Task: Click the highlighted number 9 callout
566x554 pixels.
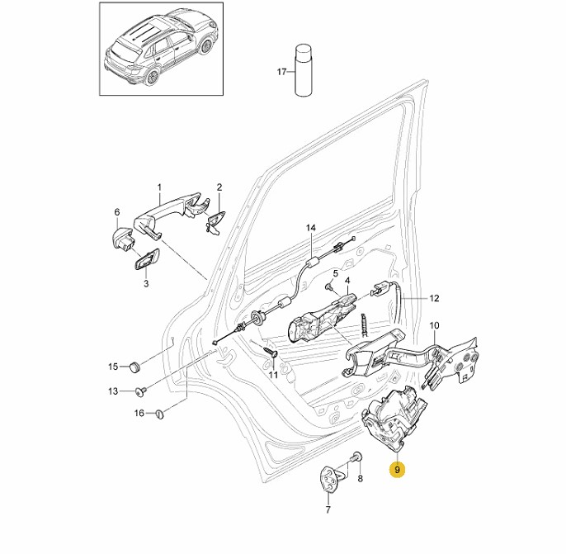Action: (398, 471)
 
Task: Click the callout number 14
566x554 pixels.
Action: (311, 227)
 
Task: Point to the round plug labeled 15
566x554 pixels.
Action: (134, 366)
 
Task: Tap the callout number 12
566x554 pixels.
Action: (435, 297)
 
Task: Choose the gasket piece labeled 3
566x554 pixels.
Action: (144, 262)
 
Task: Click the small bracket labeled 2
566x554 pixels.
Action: (215, 220)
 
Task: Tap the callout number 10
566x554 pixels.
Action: (434, 325)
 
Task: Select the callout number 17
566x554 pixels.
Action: (281, 72)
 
